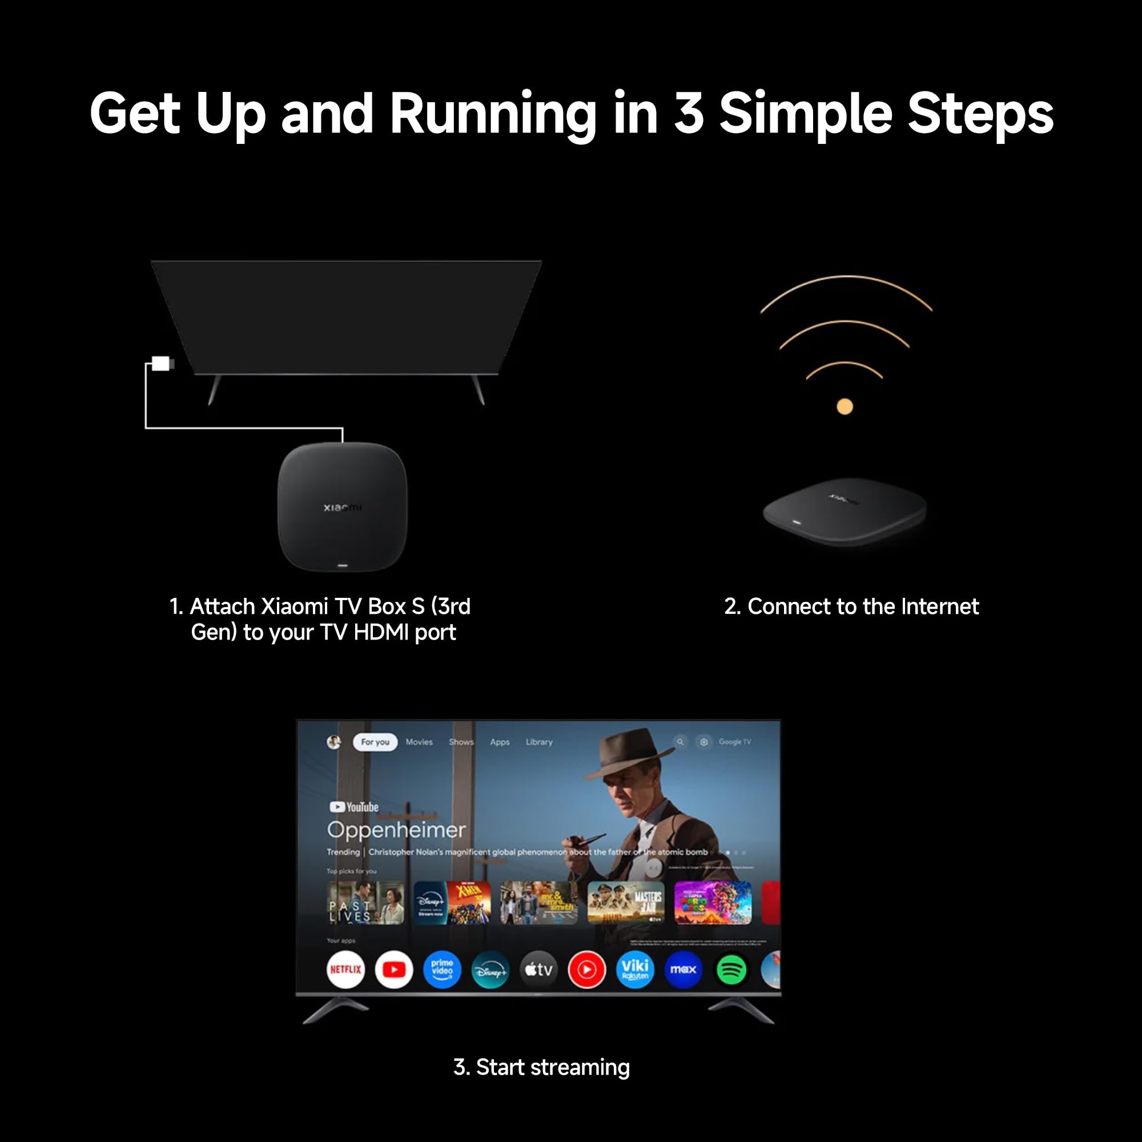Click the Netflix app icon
point(345,970)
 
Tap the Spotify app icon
point(731,970)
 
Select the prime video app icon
point(442,970)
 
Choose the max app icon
point(683,970)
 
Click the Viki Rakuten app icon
point(635,970)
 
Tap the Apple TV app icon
point(538,970)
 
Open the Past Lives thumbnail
point(365,903)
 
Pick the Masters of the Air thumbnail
point(626,903)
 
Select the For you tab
point(375,742)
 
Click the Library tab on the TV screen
point(539,742)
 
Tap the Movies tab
point(419,742)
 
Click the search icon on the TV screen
point(681,742)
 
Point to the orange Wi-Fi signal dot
point(845,407)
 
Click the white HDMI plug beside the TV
point(161,363)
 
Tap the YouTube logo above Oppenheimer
point(354,807)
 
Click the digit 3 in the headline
point(689,114)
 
